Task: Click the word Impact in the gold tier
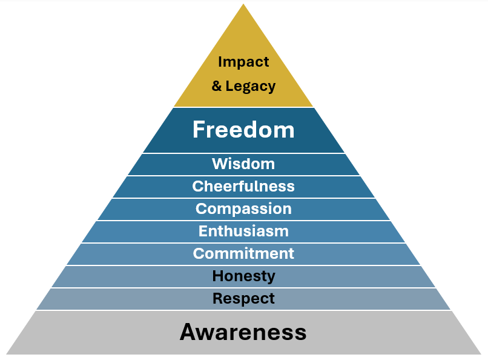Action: (x=243, y=62)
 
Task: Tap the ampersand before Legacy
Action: (x=217, y=87)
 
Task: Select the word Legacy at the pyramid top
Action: (x=251, y=87)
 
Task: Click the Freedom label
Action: (x=243, y=130)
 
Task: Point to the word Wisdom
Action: (x=243, y=164)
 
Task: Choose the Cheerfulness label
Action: (x=243, y=186)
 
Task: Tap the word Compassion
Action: (x=243, y=208)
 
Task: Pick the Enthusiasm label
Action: (x=243, y=231)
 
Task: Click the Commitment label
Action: (x=243, y=253)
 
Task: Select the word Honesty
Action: (x=243, y=276)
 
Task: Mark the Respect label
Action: (x=243, y=299)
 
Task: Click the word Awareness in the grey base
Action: (x=243, y=332)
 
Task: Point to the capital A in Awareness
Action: (x=188, y=332)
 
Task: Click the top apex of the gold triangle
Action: (x=243, y=5)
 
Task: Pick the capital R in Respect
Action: (x=217, y=299)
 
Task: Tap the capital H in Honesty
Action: (x=217, y=276)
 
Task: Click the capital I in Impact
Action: (x=220, y=62)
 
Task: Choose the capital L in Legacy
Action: (x=229, y=87)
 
